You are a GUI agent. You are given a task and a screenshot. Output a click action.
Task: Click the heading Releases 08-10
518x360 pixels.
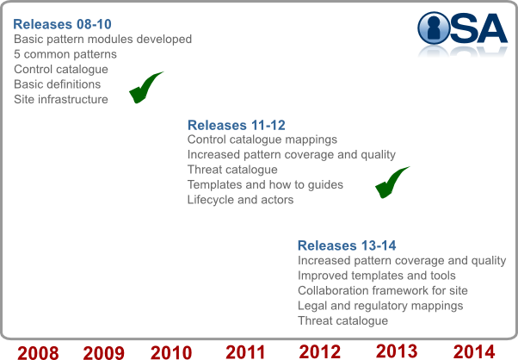tap(62, 24)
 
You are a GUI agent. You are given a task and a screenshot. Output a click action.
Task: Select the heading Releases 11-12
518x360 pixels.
tap(237, 125)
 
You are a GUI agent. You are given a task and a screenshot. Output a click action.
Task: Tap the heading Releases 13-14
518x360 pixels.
tap(347, 245)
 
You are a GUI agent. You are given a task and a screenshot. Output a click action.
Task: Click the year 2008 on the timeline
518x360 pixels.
tap(38, 353)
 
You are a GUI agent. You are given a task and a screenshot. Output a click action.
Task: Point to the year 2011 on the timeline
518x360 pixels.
tap(245, 352)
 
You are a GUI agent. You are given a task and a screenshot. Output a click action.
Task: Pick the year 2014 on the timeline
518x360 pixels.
tap(474, 351)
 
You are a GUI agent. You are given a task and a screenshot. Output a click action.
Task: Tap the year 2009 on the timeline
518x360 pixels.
tap(104, 353)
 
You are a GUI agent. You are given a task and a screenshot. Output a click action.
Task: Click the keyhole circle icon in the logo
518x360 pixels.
tap(434, 28)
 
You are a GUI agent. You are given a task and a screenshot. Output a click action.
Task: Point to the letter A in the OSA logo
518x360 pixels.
tap(491, 28)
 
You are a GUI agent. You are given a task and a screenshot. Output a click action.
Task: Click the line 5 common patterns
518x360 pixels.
tap(65, 54)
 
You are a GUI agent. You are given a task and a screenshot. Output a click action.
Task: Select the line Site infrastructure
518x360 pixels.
tap(61, 99)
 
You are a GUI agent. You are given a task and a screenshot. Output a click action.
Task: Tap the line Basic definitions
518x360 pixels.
tap(57, 84)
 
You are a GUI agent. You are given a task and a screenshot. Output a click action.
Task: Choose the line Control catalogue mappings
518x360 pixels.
tap(262, 140)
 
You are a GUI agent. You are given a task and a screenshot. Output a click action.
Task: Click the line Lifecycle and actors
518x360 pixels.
tap(240, 200)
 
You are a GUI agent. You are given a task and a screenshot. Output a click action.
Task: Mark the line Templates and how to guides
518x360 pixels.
tap(265, 185)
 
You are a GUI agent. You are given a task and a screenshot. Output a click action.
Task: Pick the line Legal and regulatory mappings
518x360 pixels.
tap(380, 306)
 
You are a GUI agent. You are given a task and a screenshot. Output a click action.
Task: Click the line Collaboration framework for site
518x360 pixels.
tap(383, 290)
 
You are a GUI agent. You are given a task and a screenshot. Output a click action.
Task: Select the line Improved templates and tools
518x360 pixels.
tap(377, 276)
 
